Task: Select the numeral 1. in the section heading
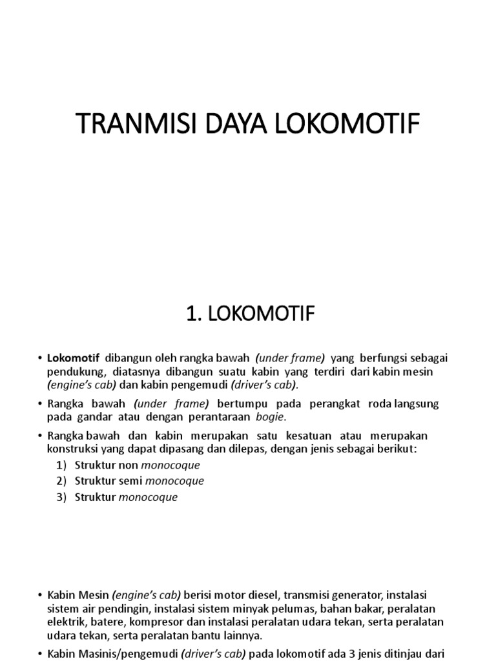[191, 315]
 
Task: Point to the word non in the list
[128, 465]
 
